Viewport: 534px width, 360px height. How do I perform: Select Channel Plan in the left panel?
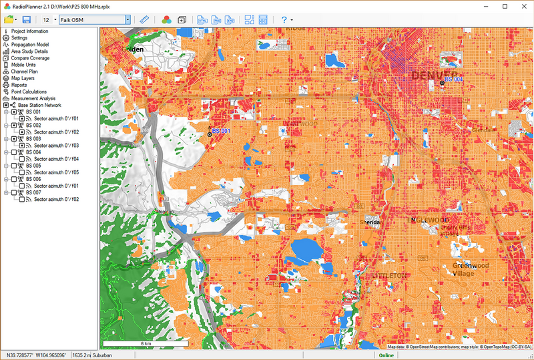point(24,71)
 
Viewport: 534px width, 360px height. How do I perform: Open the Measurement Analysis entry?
point(33,98)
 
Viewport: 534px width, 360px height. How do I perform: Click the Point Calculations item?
point(29,92)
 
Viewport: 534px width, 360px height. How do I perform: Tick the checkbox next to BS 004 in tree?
point(14,152)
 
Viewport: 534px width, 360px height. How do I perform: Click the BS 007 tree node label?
point(33,192)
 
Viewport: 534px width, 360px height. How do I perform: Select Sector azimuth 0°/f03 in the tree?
point(56,145)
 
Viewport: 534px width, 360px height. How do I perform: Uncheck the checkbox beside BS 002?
point(14,125)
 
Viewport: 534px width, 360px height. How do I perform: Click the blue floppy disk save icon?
point(27,19)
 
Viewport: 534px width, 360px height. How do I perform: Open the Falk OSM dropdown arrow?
point(127,19)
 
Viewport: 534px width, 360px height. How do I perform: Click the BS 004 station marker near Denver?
point(442,82)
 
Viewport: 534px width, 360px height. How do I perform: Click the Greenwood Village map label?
point(471,269)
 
